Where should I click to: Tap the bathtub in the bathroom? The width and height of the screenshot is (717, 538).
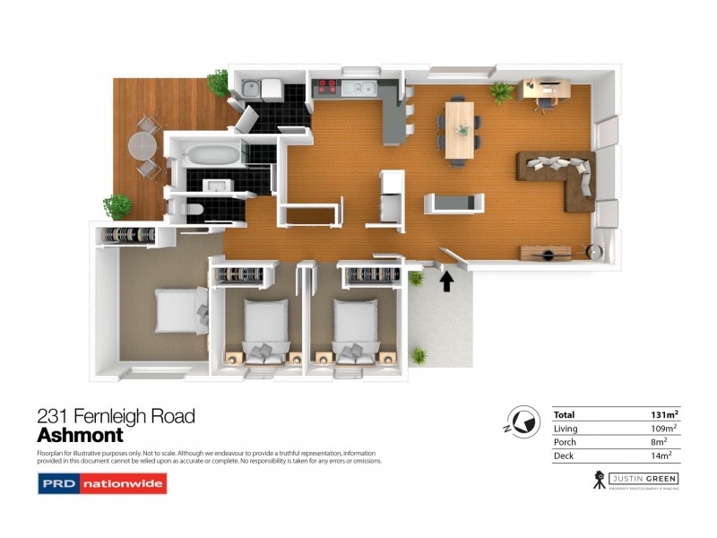pyautogui.click(x=213, y=153)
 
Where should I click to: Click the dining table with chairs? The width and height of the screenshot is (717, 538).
pyautogui.click(x=461, y=130)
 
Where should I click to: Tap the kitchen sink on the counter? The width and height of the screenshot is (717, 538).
pyautogui.click(x=363, y=88)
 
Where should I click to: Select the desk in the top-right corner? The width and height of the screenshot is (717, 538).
pyautogui.click(x=546, y=87)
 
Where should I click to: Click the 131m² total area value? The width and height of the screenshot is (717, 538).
pyautogui.click(x=664, y=414)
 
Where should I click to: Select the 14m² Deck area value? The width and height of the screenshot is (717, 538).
pyautogui.click(x=666, y=457)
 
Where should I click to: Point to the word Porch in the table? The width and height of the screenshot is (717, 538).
pyautogui.click(x=565, y=443)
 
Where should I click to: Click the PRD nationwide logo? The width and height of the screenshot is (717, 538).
pyautogui.click(x=101, y=484)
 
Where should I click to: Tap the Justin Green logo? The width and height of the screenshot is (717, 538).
pyautogui.click(x=635, y=480)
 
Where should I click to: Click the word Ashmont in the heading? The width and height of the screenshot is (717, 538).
pyautogui.click(x=79, y=437)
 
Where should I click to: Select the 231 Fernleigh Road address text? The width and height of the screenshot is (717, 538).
pyautogui.click(x=116, y=417)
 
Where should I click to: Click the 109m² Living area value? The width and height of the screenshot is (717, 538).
pyautogui.click(x=663, y=429)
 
